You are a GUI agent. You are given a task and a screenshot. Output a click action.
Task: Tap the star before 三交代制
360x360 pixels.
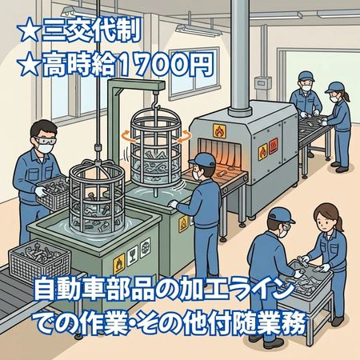(x=28, y=31)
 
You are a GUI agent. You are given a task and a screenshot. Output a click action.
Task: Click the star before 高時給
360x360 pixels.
(x=29, y=64)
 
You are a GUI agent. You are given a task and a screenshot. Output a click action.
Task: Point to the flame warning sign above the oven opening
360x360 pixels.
(x=219, y=131)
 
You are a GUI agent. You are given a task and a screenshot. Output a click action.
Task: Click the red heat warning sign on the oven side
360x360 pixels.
(x=274, y=146)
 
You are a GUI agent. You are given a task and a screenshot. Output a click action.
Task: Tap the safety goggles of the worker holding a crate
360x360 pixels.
(x=45, y=141)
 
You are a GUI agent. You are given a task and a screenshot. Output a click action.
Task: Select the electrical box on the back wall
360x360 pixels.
(x=262, y=82)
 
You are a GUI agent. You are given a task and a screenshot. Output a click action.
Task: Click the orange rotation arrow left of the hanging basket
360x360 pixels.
(x=127, y=137)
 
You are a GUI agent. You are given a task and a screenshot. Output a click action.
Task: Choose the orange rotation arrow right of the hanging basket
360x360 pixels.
(x=185, y=137)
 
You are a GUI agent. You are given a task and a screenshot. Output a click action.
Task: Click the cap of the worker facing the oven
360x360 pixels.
(x=203, y=160)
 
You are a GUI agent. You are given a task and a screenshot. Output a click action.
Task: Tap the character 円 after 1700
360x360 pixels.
(x=202, y=65)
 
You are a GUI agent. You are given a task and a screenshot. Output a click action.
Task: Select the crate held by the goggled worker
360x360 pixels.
(x=54, y=193)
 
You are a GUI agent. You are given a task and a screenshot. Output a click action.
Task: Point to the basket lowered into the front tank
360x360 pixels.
(x=97, y=198)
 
